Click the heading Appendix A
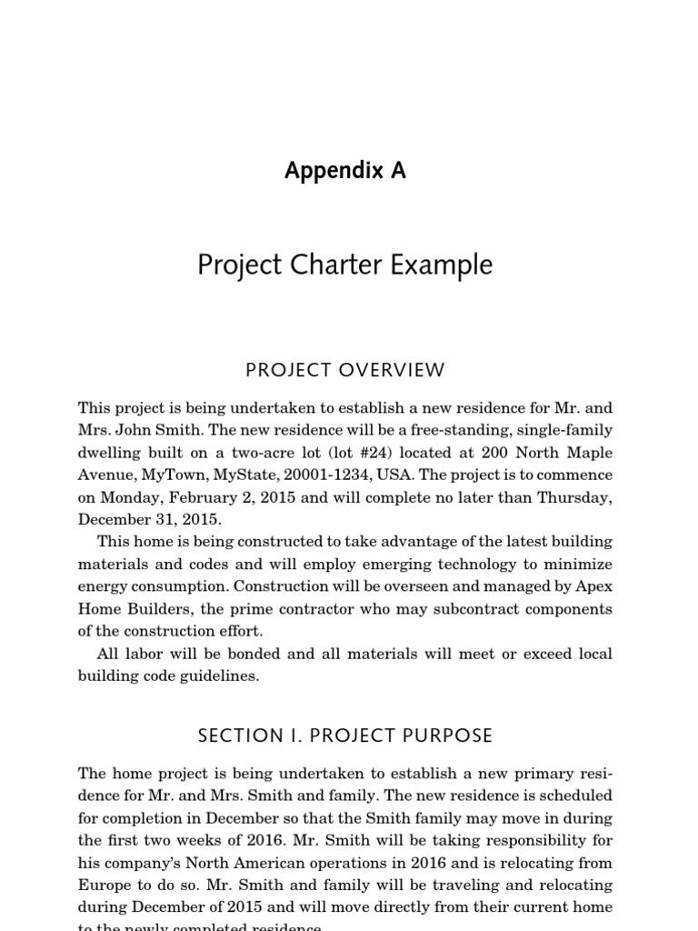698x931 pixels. [345, 170]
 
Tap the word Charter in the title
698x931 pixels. [347, 265]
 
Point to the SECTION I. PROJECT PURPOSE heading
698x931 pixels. [348, 735]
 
